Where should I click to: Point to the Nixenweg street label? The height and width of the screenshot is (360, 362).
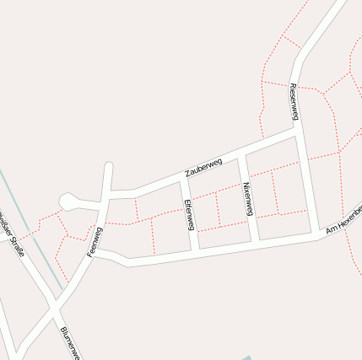point(247,199)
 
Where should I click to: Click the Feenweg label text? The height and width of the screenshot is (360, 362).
point(94,241)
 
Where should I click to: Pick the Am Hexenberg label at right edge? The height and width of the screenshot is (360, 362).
point(344,218)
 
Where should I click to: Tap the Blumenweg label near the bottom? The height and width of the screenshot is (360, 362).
point(69,341)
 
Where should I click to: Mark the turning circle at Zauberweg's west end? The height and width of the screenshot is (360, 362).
point(68,201)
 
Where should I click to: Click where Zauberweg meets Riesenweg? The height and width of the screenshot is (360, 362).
point(298,132)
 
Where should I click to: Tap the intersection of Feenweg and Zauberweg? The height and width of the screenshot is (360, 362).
point(106,195)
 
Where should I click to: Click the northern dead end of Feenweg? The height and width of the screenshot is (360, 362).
point(108,166)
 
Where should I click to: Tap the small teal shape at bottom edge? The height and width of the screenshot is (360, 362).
point(246,357)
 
